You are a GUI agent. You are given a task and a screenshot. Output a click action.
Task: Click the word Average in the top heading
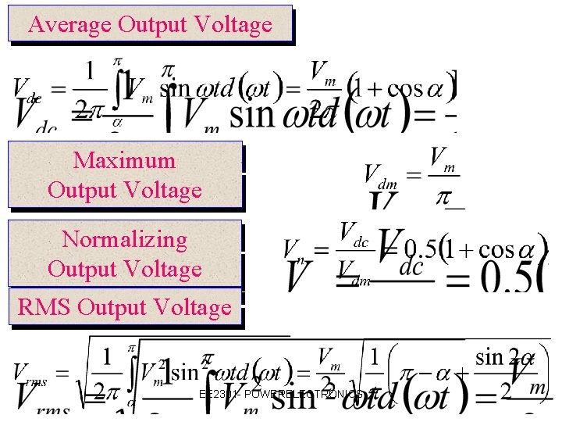[x=69, y=24]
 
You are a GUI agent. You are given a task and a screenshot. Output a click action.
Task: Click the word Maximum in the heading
[x=124, y=160]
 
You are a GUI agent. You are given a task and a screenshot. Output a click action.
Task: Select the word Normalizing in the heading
[x=124, y=239]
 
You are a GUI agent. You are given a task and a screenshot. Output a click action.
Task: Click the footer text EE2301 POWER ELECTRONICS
[x=281, y=394]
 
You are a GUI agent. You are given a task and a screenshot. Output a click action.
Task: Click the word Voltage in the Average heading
[x=233, y=24]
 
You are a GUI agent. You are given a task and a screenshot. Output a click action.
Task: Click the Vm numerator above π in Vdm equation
[x=443, y=157]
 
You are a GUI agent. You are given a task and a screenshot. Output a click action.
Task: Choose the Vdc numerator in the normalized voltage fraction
[x=354, y=234]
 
